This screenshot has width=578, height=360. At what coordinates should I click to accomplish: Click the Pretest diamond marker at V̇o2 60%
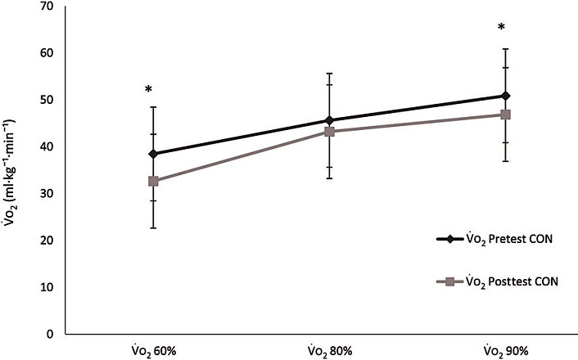[x=153, y=154]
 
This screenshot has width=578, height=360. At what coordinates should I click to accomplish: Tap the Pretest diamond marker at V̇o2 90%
[x=505, y=96]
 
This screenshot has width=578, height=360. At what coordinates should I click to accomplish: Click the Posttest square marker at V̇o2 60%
[x=153, y=181]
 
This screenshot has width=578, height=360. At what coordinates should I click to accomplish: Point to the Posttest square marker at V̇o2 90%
[x=505, y=115]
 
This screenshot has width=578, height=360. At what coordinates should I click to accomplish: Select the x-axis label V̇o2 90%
[x=505, y=350]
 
